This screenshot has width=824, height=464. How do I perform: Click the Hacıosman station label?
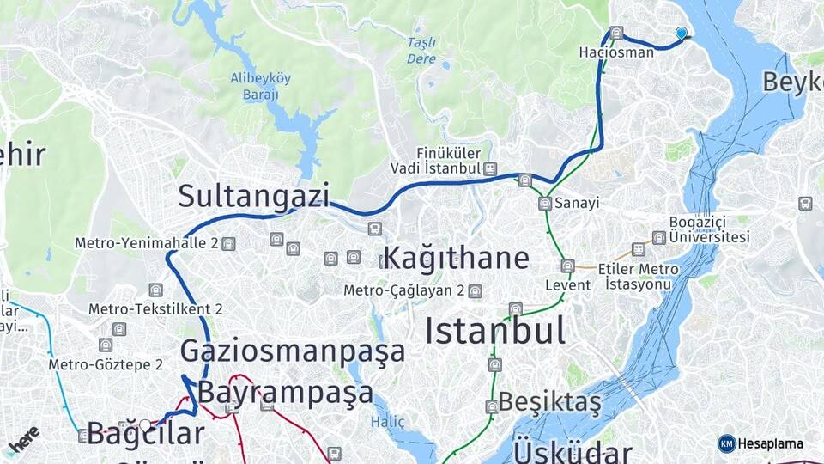[616, 52]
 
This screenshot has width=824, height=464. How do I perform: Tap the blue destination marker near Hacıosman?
[682, 33]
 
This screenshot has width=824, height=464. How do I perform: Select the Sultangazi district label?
[253, 196]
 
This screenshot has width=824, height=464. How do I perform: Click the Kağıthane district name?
[456, 258]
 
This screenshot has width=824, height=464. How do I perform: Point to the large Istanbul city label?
[495, 330]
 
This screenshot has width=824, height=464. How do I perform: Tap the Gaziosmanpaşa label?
[293, 351]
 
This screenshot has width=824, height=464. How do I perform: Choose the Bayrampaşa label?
[286, 393]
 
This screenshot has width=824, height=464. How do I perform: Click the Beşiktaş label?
[549, 401]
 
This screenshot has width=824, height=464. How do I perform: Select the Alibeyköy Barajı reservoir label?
[261, 86]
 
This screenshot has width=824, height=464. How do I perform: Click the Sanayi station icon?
[544, 204]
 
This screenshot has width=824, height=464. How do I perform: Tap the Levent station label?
[567, 284]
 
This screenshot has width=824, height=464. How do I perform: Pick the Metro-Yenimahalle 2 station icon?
[228, 244]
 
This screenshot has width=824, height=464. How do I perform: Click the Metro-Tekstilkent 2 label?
[156, 308]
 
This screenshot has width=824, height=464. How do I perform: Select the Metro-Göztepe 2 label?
[106, 364]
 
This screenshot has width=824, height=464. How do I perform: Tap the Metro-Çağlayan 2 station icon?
[475, 290]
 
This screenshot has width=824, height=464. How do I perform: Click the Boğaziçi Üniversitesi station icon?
[658, 237]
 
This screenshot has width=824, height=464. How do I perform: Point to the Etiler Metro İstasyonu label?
[642, 276]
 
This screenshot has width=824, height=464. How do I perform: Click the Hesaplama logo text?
[770, 443]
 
